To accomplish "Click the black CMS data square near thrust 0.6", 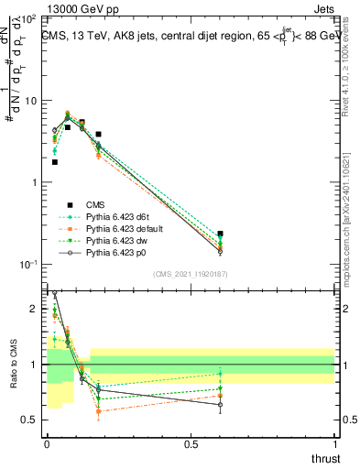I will [x=220, y=234].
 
